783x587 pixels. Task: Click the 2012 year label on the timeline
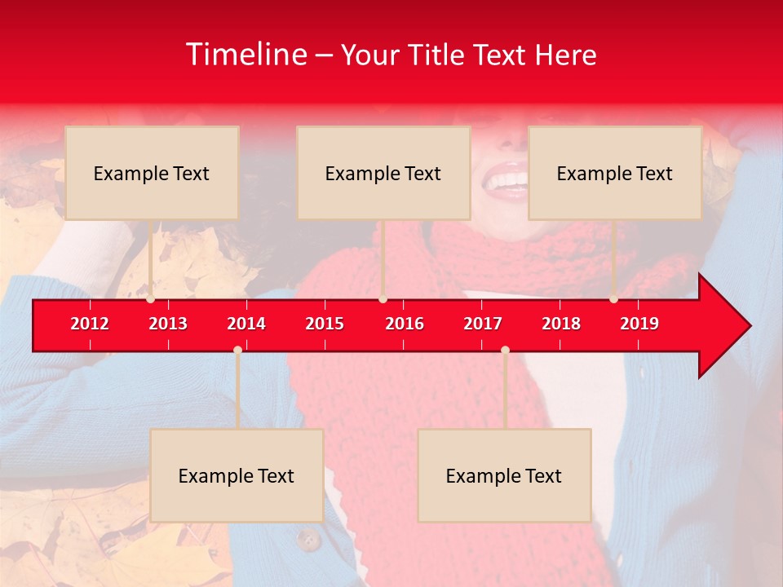90,324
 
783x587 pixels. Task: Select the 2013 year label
168,324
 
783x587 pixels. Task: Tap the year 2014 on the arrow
246,324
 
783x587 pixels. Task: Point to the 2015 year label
325,324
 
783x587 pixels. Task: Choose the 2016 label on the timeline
405,324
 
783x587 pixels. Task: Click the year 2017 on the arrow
483,324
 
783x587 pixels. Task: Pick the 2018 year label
561,324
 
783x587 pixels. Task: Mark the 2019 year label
639,324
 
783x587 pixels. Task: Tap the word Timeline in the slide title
246,55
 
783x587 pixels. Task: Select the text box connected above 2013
152,173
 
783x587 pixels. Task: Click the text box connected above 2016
383,173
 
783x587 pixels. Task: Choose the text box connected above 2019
615,173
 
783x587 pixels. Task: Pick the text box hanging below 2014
237,475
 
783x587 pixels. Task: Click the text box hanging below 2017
504,475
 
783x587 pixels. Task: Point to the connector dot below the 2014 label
237,350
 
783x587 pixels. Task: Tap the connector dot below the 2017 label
505,350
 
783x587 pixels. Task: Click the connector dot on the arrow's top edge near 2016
383,299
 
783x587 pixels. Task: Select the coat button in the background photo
308,539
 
